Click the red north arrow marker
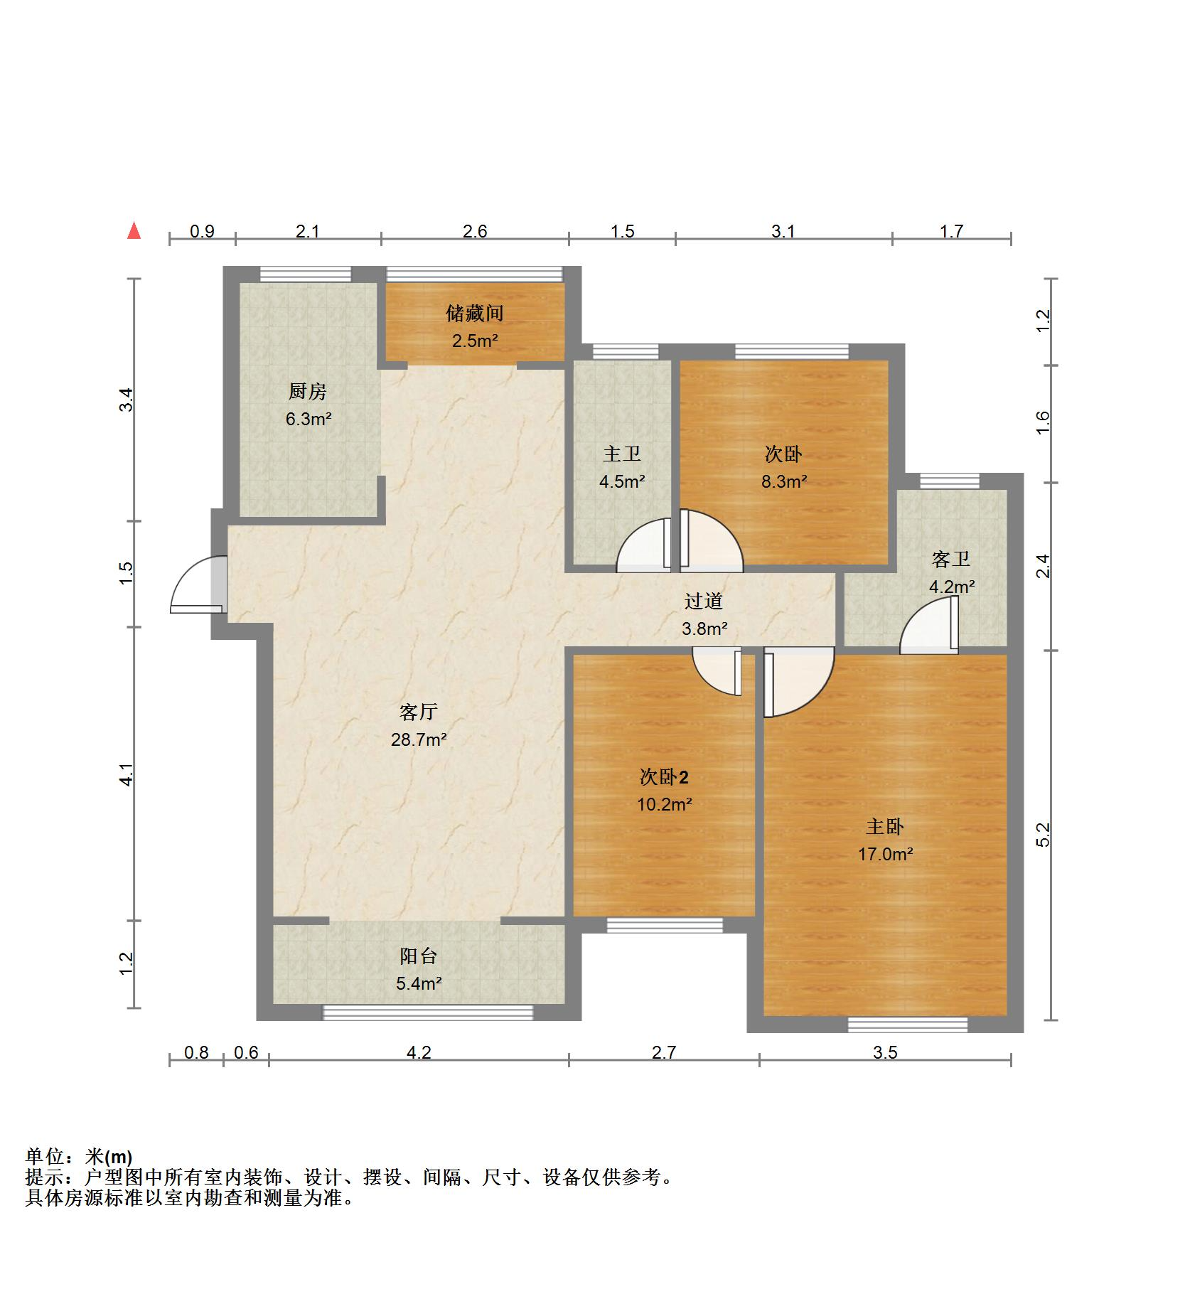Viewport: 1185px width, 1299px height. click(x=133, y=231)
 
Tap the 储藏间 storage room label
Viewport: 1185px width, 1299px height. click(x=475, y=313)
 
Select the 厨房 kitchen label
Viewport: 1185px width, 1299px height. click(x=308, y=391)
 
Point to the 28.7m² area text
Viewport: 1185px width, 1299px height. click(x=419, y=740)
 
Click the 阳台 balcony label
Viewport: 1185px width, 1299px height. click(x=419, y=956)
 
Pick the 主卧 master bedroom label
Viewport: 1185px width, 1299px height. click(x=885, y=827)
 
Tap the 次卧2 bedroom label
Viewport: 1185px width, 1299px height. click(x=664, y=778)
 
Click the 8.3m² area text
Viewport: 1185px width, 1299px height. click(x=784, y=482)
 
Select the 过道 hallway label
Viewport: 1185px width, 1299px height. click(x=704, y=602)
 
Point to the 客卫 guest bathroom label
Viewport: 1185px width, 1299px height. click(x=951, y=560)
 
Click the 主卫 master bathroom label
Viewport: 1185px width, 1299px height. click(x=622, y=454)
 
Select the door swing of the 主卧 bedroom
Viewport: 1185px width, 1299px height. click(x=798, y=682)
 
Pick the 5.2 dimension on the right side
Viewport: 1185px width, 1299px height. click(x=1043, y=835)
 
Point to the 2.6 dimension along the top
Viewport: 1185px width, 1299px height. click(x=475, y=231)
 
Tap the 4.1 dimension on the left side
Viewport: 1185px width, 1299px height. click(x=126, y=774)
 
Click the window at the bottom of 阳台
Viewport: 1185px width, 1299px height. click(x=428, y=1012)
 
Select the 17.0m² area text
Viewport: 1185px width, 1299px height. click(x=885, y=854)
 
